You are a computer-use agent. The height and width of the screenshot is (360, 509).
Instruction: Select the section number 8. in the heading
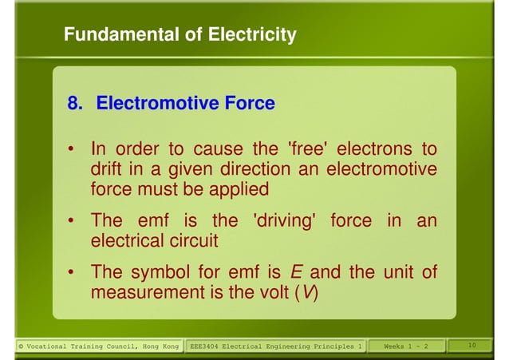[x=77, y=103]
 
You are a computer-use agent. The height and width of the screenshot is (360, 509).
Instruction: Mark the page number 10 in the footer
[x=472, y=345]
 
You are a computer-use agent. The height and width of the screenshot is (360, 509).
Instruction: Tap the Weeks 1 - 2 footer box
[x=405, y=346]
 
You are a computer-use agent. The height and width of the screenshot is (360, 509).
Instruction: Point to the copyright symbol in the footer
[x=21, y=346]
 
